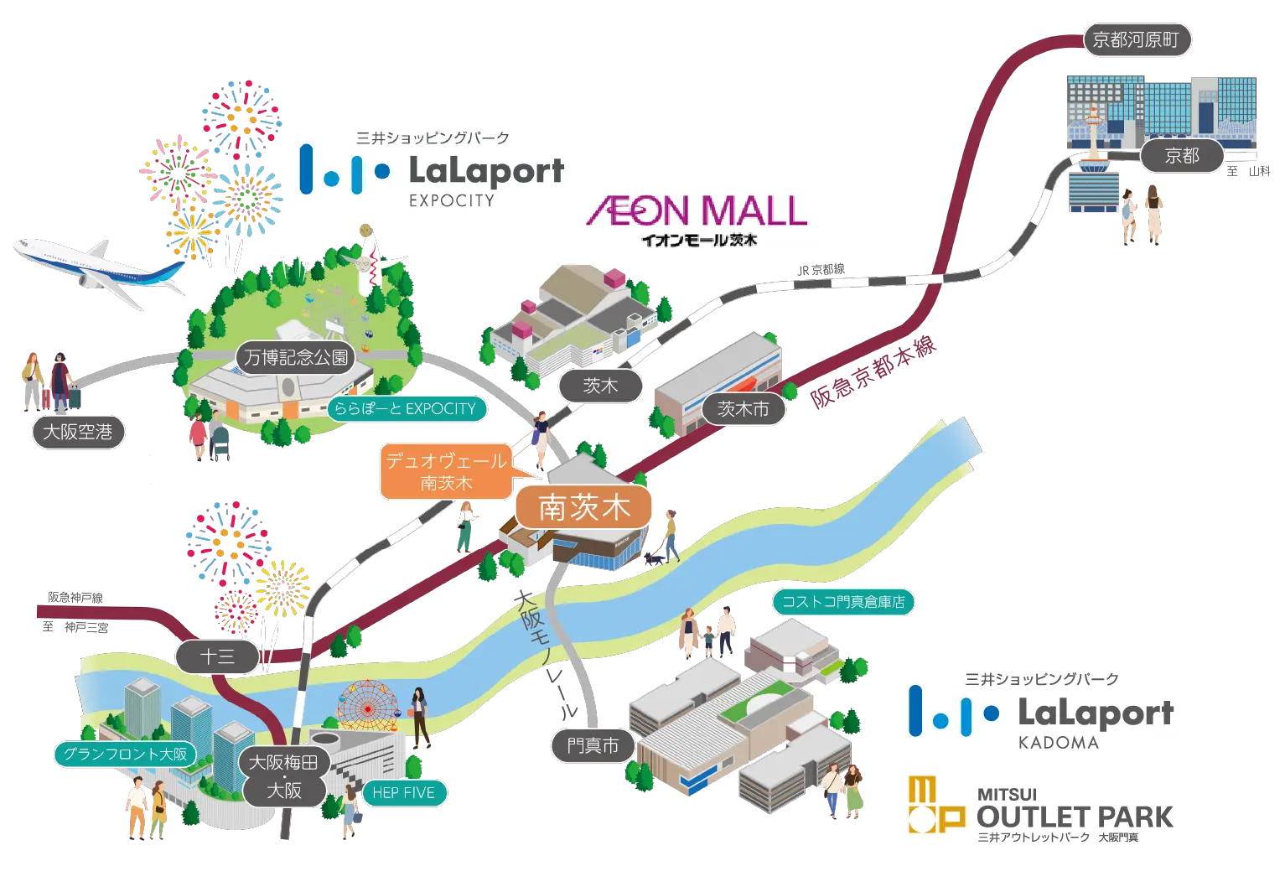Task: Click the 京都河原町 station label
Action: point(1136,39)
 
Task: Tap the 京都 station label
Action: point(1181,155)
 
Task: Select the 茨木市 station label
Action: point(743,409)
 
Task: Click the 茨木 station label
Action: point(600,386)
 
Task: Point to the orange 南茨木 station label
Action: point(583,507)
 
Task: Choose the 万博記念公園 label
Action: point(296,357)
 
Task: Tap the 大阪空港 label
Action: point(77,432)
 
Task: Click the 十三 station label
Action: point(218,656)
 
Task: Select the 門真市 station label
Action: point(593,745)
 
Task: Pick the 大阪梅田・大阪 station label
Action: point(284,776)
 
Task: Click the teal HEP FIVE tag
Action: point(404,792)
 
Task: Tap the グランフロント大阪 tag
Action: point(126,754)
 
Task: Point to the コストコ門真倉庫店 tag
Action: point(842,601)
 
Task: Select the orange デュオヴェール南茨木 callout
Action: point(446,472)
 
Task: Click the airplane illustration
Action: point(99,269)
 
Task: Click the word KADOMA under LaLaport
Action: point(1058,743)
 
